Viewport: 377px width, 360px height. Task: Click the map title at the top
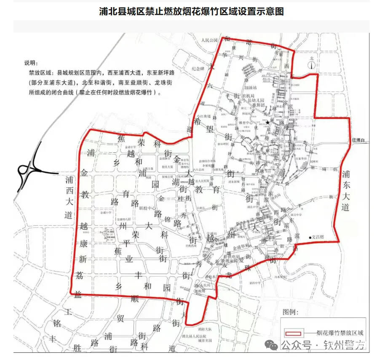click(191, 11)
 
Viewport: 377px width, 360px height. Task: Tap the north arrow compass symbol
click(311, 64)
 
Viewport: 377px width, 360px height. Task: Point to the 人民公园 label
click(209, 40)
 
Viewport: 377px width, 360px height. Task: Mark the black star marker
click(267, 123)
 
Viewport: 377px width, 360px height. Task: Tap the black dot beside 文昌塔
click(310, 237)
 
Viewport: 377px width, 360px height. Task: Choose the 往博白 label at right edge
click(359, 141)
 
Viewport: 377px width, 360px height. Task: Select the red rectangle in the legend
click(293, 332)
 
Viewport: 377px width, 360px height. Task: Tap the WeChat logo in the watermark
click(274, 345)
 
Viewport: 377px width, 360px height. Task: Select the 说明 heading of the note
click(31, 63)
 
